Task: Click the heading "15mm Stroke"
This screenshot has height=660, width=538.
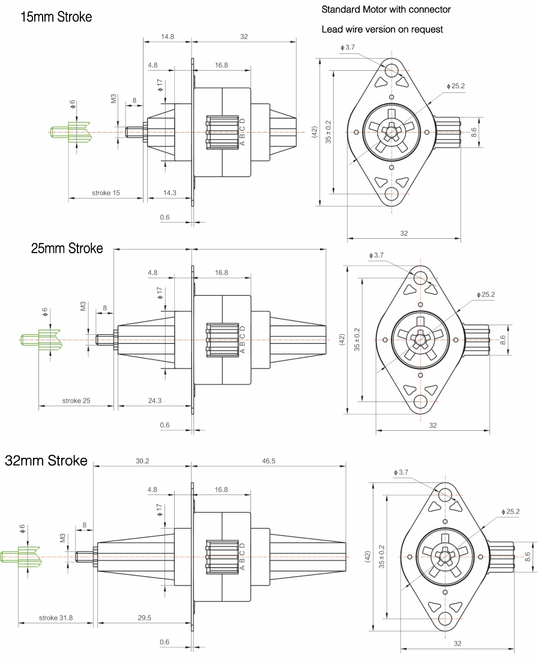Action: click(56, 17)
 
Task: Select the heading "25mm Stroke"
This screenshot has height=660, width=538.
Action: click(67, 248)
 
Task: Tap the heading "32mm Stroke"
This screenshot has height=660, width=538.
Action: click(46, 461)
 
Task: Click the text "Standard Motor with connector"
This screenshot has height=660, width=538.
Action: click(385, 10)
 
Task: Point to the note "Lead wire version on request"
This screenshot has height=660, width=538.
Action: click(382, 29)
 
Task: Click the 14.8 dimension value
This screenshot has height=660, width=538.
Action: click(168, 37)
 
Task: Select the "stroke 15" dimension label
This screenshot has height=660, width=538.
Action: click(106, 193)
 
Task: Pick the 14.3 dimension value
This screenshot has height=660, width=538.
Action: click(170, 193)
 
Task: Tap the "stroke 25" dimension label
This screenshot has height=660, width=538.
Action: click(76, 401)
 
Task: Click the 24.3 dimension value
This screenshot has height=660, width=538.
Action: click(154, 401)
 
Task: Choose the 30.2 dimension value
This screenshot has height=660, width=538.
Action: click(142, 461)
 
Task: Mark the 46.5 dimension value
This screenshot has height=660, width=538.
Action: click(268, 461)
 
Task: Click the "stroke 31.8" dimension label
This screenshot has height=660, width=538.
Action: click(56, 618)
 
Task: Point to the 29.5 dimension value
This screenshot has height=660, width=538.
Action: click(144, 618)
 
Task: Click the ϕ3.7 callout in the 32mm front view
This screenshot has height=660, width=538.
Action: click(400, 472)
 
